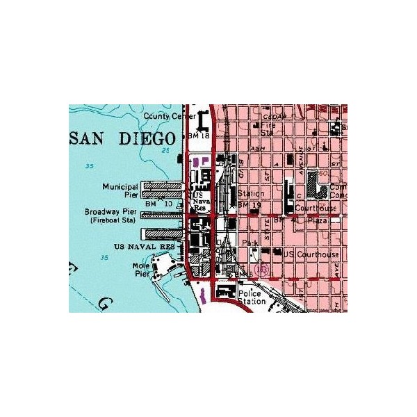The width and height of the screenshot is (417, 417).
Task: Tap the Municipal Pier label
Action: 120,191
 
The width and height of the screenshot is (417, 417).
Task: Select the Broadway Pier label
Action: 110,211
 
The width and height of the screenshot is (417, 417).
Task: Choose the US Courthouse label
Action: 311,255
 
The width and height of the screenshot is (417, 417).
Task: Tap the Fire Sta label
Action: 268,129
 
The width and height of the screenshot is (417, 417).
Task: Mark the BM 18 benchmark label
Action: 199,136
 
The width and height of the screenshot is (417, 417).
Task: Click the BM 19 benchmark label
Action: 248,206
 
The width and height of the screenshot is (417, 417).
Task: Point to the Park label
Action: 250,243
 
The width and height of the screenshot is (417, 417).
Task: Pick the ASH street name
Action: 258,149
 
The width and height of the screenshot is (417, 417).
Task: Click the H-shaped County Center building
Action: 203,121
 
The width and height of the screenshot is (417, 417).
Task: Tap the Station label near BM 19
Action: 250,194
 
